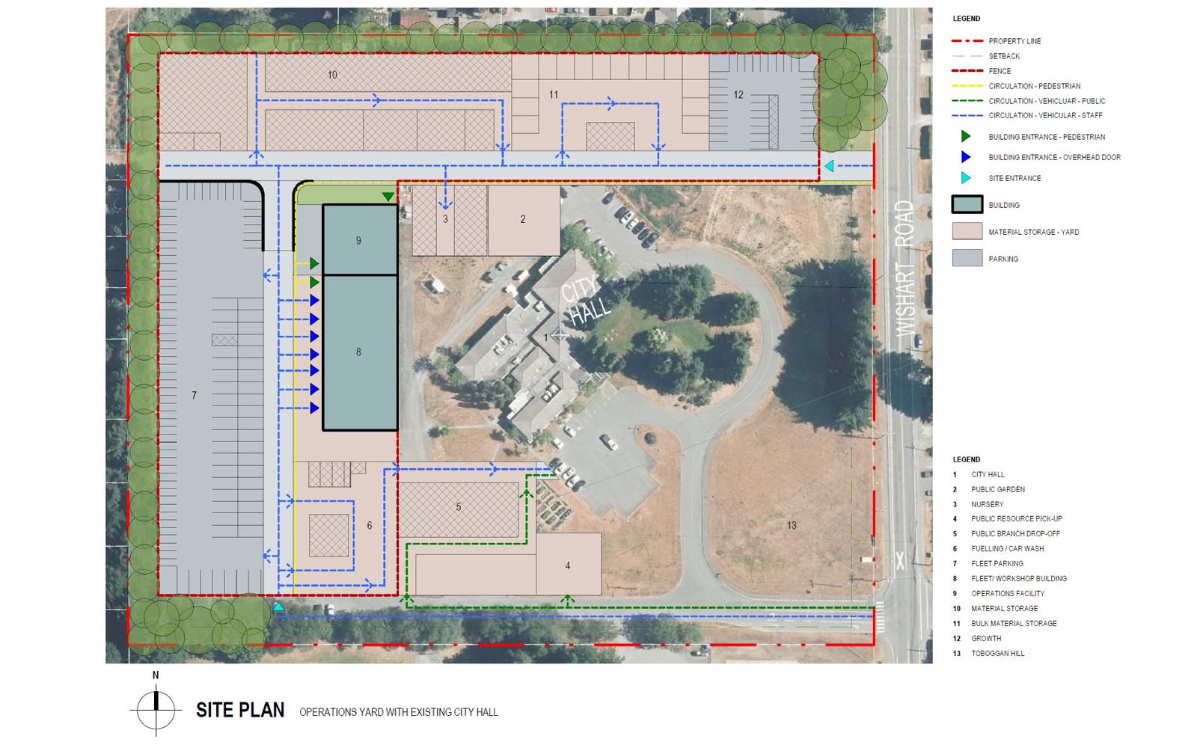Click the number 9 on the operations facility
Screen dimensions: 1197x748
(358, 241)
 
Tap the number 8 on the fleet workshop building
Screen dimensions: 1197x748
(358, 352)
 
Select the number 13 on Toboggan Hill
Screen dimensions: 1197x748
(792, 526)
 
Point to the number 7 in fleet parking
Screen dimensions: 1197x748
(194, 396)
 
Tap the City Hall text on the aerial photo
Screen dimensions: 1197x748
(585, 302)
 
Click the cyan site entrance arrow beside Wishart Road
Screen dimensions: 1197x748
(829, 166)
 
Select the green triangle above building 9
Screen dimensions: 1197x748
(388, 197)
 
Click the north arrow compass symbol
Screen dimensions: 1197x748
(156, 711)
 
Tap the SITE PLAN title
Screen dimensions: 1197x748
(240, 711)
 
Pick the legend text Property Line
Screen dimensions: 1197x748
(1014, 41)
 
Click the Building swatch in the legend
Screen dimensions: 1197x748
(967, 205)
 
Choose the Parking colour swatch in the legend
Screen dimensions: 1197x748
(967, 258)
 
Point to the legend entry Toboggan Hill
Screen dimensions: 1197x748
(998, 654)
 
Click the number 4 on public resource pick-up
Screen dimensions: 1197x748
(568, 565)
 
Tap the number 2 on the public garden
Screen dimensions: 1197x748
(523, 219)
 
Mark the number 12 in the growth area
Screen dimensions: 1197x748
(738, 95)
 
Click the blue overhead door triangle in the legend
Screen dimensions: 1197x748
(966, 157)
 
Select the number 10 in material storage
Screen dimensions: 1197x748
(332, 76)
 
